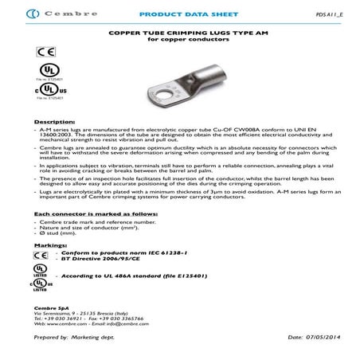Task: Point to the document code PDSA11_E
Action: point(335,14)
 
